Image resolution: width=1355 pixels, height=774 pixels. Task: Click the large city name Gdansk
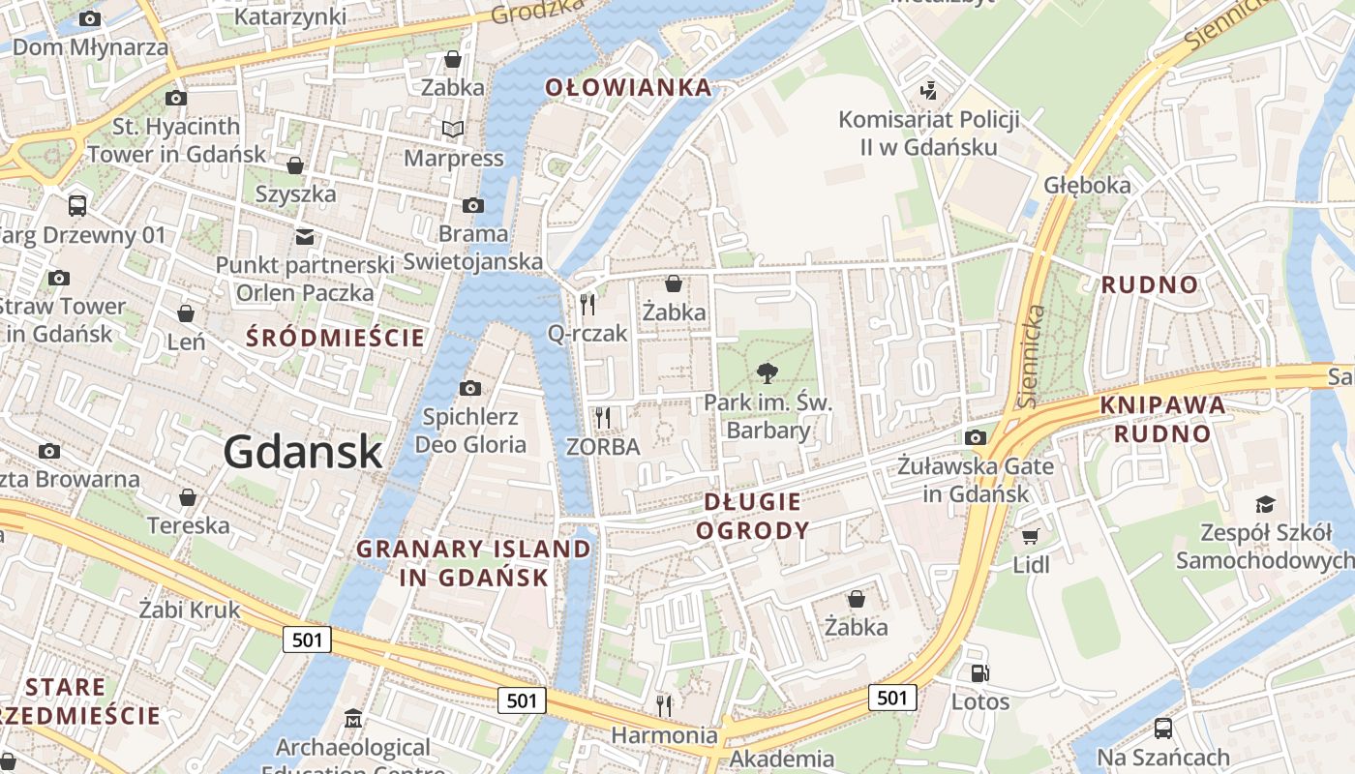click(x=303, y=452)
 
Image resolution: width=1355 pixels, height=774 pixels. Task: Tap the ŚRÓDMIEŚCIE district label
click(x=335, y=338)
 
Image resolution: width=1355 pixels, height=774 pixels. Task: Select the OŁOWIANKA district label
click(x=628, y=88)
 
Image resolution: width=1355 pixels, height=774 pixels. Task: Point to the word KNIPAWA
click(x=1162, y=405)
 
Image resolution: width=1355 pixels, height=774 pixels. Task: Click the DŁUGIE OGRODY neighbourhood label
click(x=752, y=516)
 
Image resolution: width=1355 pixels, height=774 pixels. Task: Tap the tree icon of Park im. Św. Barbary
click(x=768, y=372)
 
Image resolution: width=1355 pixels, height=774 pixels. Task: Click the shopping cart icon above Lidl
click(x=1030, y=535)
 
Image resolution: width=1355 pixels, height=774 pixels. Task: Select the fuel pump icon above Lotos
click(x=979, y=673)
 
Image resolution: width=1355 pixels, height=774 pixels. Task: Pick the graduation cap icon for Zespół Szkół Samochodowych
click(x=1265, y=504)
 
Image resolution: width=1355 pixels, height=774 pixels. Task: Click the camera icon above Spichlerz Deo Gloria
click(x=470, y=389)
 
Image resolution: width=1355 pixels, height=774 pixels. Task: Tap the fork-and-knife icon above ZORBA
click(x=603, y=417)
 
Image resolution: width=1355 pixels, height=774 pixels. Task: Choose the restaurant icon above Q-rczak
click(x=587, y=305)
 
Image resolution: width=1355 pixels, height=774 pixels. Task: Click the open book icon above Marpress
click(x=453, y=129)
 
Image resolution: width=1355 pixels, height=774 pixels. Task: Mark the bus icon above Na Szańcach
click(x=1162, y=729)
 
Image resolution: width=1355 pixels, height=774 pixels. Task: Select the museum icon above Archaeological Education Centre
click(x=352, y=719)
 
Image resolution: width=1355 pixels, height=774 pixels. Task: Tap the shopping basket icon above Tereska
click(x=188, y=497)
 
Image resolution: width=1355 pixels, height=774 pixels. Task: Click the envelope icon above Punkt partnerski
click(x=305, y=236)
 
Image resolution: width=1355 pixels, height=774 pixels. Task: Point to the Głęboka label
click(x=1087, y=185)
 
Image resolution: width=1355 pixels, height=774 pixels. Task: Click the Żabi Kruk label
click(x=189, y=610)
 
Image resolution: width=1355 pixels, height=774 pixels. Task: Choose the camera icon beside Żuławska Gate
click(x=976, y=437)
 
